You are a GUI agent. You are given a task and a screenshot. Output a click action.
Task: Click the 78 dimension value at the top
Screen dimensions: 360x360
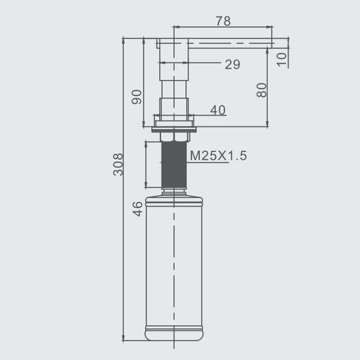[223, 21]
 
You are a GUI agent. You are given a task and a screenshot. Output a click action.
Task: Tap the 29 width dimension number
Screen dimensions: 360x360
[232, 64]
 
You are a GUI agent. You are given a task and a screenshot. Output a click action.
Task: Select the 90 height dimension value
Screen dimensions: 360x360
[137, 97]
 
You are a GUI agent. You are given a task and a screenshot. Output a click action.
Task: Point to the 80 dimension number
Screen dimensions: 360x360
[261, 90]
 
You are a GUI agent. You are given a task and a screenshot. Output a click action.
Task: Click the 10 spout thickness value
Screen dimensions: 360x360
[282, 60]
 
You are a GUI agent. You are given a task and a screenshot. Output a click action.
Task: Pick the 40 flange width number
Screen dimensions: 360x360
[218, 110]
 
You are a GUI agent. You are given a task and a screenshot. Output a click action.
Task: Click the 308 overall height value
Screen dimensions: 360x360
[118, 164]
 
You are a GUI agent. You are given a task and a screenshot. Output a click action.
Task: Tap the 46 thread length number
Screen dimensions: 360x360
[138, 209]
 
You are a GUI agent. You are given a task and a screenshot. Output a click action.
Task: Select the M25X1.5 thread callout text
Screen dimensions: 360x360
[219, 155]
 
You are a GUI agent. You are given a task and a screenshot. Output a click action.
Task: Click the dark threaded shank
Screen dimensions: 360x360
[174, 165]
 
